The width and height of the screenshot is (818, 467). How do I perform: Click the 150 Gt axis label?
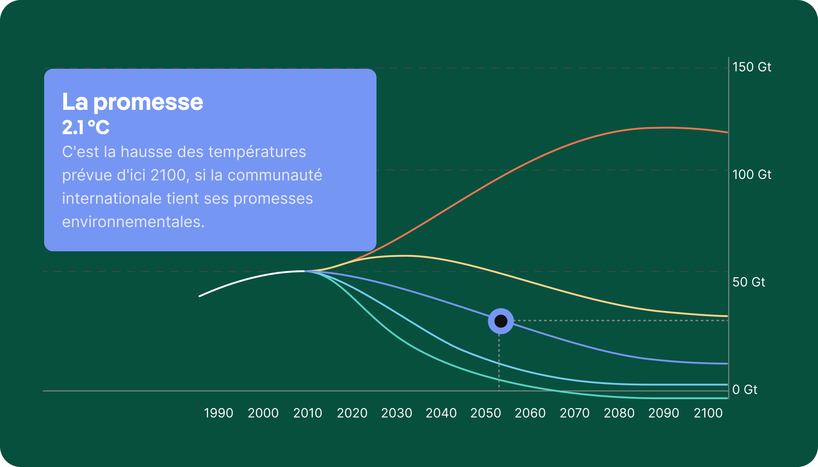pos(752,67)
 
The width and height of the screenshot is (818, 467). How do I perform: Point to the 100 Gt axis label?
pos(752,175)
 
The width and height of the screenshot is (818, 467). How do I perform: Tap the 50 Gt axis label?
pos(749,282)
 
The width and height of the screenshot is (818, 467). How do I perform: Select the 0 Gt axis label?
pos(745,390)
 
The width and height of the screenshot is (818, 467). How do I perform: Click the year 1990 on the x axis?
pos(219,413)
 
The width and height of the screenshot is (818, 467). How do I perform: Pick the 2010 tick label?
pos(308,413)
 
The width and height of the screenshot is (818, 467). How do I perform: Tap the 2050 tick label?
pos(486,413)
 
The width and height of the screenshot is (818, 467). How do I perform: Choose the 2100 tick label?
pos(708,413)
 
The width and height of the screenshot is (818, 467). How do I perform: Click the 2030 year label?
pos(396,413)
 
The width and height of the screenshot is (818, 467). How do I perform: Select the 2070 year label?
pos(575,413)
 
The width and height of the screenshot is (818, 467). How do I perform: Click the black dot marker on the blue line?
pos(501,321)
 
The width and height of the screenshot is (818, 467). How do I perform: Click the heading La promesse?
pos(132,102)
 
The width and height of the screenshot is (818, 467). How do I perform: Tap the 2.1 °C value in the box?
pos(86,128)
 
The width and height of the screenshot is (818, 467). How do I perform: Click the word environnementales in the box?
pos(133,222)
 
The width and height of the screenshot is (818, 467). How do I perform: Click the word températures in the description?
pos(257,152)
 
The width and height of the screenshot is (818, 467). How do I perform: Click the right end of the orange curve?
pos(728,132)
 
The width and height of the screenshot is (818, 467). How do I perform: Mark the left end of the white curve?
pos(199,296)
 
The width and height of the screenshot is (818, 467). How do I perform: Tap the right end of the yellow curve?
pos(728,316)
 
